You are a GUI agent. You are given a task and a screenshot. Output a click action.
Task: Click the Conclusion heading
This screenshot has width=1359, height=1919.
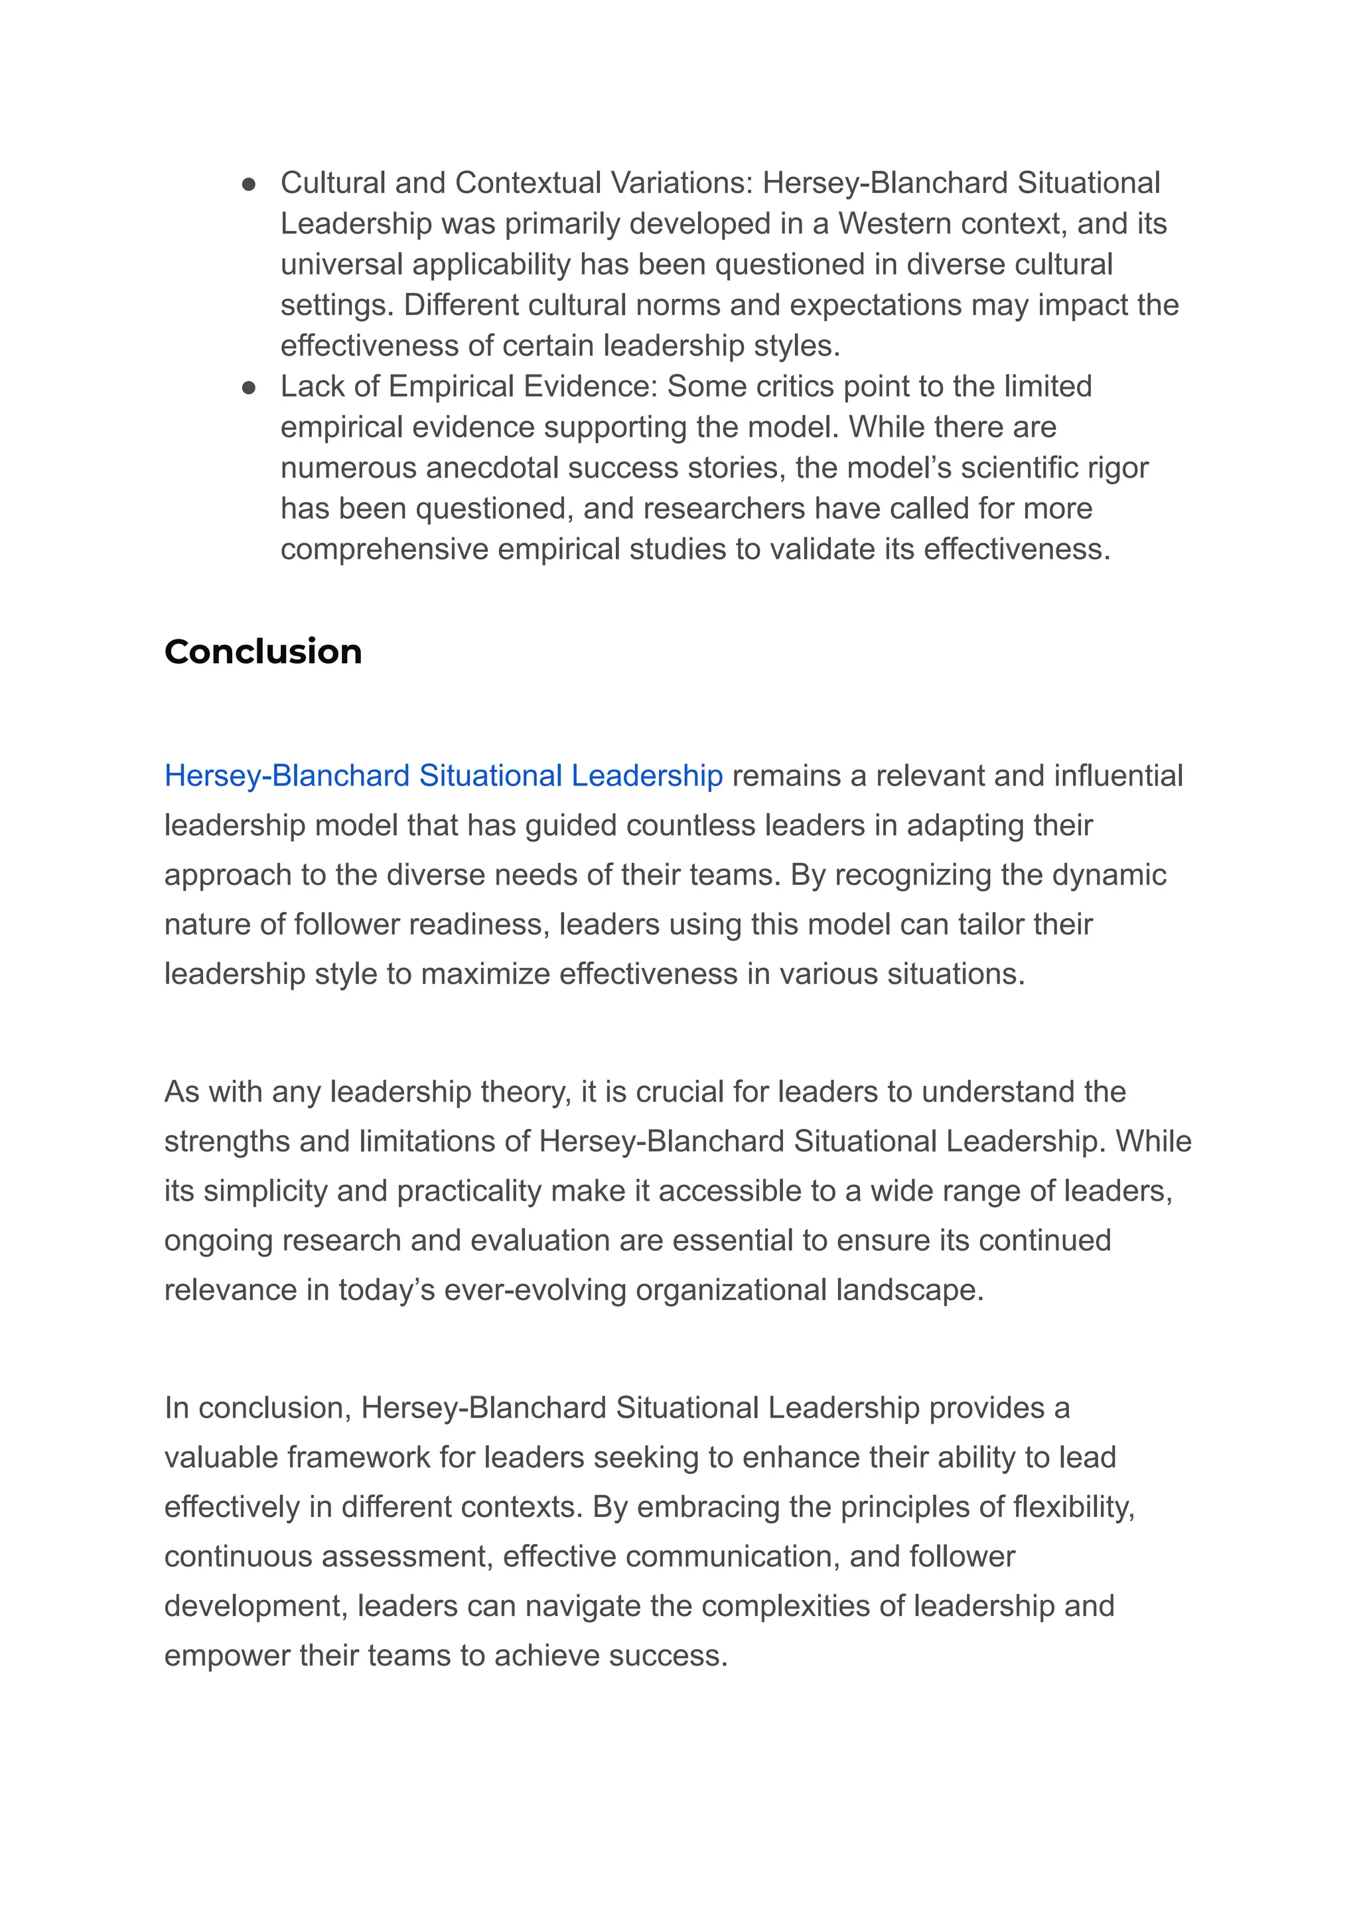[x=263, y=651]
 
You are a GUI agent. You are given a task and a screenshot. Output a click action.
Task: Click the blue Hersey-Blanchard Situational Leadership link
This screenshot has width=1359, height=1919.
[x=443, y=775]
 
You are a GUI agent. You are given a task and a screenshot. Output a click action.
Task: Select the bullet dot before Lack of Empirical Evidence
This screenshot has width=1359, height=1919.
[x=249, y=387]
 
